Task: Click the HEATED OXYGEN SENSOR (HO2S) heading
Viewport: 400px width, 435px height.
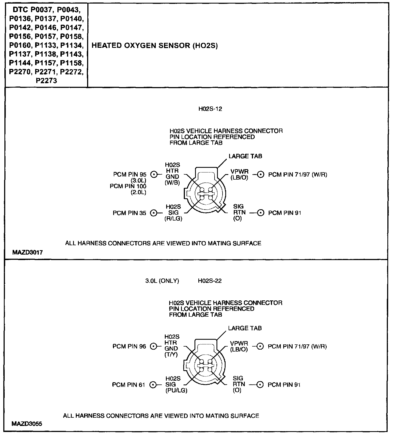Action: (154, 46)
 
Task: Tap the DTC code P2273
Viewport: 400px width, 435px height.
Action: (46, 81)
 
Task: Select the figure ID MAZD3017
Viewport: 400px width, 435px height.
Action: (27, 252)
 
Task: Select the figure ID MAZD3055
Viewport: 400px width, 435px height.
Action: (27, 424)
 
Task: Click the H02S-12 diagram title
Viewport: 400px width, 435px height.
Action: (210, 109)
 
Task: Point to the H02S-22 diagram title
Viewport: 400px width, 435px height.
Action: (210, 281)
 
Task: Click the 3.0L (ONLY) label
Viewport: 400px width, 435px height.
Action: (162, 281)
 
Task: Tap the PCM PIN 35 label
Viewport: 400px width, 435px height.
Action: (129, 213)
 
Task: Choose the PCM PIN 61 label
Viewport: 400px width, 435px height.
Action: (128, 385)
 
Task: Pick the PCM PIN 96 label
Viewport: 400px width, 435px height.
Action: (129, 347)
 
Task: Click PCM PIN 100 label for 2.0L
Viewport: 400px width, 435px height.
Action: (128, 186)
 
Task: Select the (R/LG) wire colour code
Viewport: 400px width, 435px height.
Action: (173, 219)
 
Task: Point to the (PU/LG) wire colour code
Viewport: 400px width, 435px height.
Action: (176, 391)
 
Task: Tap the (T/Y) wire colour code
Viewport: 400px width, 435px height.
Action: (171, 355)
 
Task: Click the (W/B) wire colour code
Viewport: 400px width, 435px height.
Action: (172, 183)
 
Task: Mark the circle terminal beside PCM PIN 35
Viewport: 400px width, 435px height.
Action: (154, 213)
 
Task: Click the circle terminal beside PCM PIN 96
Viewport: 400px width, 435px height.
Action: (153, 347)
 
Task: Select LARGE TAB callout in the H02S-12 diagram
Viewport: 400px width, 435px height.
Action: (245, 156)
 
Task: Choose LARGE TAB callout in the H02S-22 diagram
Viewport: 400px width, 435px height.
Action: (245, 328)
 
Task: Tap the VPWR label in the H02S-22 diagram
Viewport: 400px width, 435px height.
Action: (239, 344)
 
